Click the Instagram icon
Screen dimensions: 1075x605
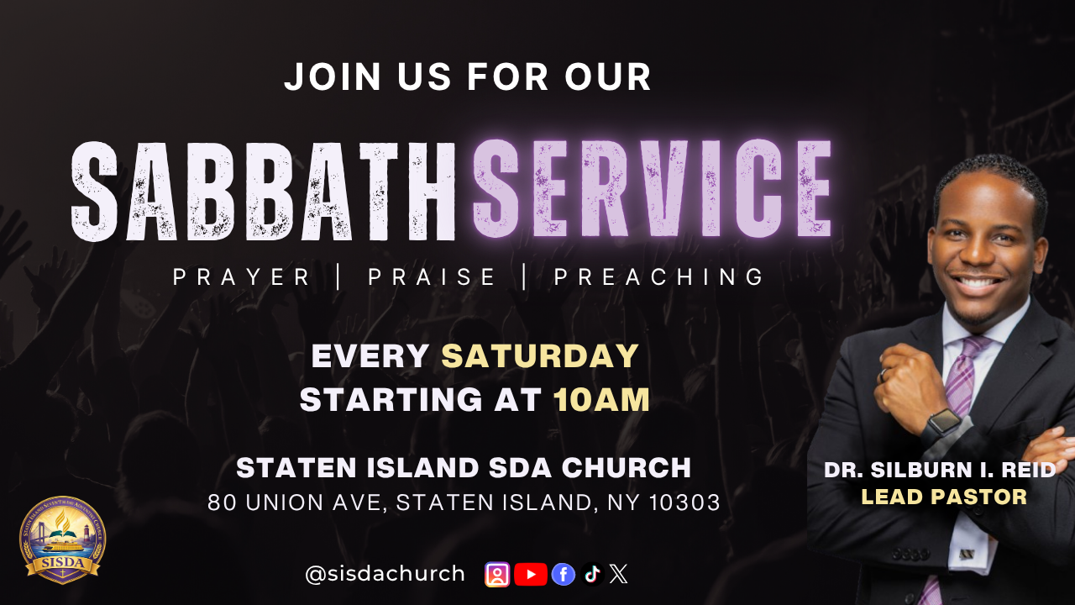coord(497,574)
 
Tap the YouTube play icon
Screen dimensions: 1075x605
coord(530,574)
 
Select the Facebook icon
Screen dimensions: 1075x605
coord(564,574)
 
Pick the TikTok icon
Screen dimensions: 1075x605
coord(592,574)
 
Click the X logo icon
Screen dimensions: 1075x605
coord(619,574)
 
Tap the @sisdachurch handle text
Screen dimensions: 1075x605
coord(385,574)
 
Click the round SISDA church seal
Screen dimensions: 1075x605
coord(62,539)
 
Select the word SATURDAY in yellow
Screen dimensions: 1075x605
coord(540,355)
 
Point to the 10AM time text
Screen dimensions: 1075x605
coord(602,399)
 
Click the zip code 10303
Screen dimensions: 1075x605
coord(684,502)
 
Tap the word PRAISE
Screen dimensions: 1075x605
coord(432,277)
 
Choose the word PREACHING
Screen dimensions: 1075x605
coord(658,277)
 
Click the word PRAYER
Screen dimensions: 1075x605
coord(241,277)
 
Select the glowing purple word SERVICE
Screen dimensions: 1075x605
coord(653,189)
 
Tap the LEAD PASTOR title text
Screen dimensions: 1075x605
coord(944,497)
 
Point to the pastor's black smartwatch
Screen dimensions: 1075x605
coord(943,426)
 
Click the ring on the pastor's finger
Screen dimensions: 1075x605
coord(883,375)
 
